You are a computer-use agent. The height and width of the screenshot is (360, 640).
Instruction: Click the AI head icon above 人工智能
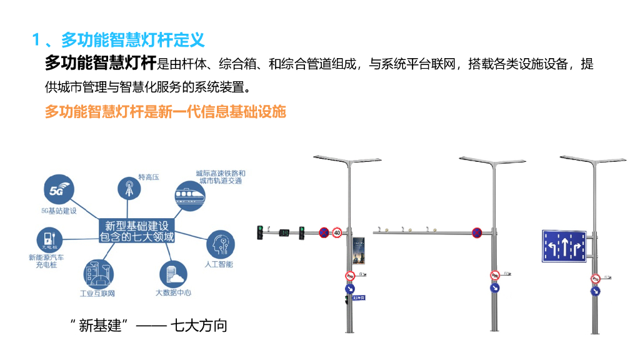(x=220, y=244)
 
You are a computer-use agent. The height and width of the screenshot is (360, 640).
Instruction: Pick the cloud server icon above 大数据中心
(x=172, y=272)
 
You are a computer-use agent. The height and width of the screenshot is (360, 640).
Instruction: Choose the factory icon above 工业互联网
(x=97, y=273)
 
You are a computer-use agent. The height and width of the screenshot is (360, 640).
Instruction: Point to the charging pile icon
(x=49, y=239)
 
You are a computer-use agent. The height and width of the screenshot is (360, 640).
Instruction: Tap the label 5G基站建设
(x=59, y=211)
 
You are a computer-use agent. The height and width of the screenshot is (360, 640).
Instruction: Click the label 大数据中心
(x=173, y=292)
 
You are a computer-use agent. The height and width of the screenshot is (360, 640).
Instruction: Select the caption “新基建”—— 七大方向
(x=149, y=325)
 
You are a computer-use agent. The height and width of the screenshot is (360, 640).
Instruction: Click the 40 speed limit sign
(x=337, y=232)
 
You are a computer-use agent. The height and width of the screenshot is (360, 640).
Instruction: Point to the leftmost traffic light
(x=261, y=232)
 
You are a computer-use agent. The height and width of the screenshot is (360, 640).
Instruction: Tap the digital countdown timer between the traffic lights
(x=284, y=233)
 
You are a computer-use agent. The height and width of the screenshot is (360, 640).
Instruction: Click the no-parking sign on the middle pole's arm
(x=477, y=233)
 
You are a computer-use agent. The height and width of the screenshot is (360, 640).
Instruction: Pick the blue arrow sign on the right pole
(x=596, y=291)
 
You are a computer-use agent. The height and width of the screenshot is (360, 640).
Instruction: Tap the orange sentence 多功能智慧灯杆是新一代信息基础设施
(x=165, y=112)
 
